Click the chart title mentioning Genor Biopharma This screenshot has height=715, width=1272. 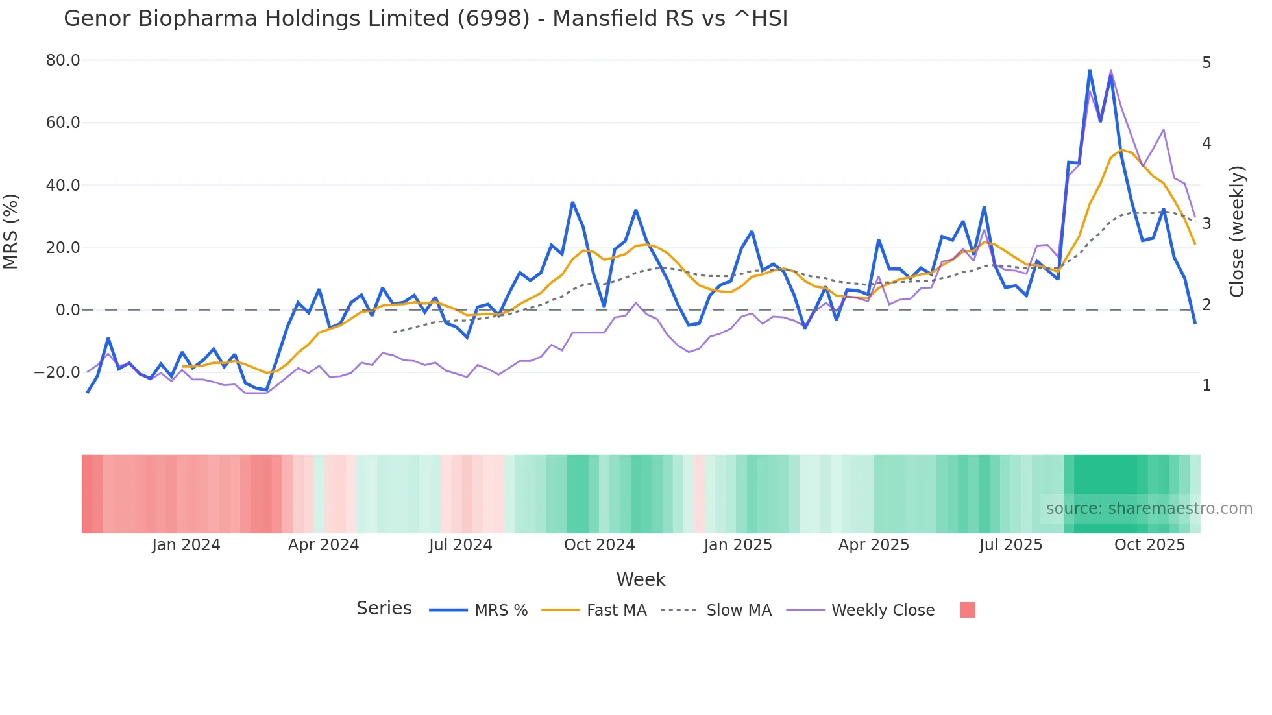(426, 19)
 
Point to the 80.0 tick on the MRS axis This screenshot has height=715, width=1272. (63, 60)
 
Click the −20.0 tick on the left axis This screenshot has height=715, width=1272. (57, 372)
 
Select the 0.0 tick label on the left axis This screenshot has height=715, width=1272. (67, 310)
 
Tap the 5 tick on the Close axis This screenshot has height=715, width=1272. (1206, 63)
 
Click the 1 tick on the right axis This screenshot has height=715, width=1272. (1206, 385)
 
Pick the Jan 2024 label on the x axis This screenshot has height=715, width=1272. (186, 545)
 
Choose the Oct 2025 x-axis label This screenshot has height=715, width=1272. (1149, 545)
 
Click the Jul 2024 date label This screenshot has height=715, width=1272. (461, 545)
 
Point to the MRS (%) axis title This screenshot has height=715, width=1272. (11, 231)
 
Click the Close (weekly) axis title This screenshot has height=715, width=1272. (1238, 231)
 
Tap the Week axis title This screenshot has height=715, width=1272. (641, 579)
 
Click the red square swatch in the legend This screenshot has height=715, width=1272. (967, 610)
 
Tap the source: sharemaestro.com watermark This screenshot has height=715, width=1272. (1149, 509)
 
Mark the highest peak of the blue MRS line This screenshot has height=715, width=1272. (1090, 70)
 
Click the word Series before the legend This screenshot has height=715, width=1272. (384, 609)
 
